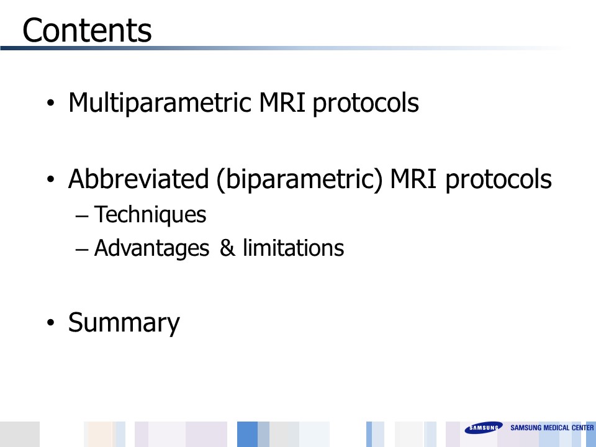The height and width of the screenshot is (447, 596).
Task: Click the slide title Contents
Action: [x=87, y=30]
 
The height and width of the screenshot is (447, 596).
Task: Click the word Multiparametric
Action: [x=160, y=103]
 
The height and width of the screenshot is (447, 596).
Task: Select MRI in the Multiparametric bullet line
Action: [x=282, y=102]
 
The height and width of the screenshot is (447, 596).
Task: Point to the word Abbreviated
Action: [x=138, y=178]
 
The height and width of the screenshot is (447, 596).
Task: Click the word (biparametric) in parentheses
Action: [x=299, y=179]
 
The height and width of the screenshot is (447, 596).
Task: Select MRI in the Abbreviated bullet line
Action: [x=413, y=179]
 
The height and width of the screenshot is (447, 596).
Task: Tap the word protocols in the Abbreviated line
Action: [x=499, y=179]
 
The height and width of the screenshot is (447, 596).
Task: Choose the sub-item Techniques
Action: [x=150, y=215]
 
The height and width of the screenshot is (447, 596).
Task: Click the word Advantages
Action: [x=151, y=248]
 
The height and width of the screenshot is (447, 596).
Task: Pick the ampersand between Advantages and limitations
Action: [x=227, y=248]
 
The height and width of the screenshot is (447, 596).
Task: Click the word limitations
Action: [x=294, y=248]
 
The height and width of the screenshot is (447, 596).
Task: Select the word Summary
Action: [x=124, y=323]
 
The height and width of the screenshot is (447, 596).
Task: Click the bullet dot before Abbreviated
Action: [x=50, y=179]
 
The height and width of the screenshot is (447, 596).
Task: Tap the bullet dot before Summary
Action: [x=50, y=322]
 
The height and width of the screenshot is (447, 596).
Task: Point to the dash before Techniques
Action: [x=82, y=216]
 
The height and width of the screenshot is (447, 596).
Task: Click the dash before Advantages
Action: [x=82, y=250]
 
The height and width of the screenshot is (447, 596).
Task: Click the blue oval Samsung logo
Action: [x=484, y=428]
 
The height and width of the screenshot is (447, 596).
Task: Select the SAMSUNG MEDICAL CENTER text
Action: [x=552, y=428]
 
